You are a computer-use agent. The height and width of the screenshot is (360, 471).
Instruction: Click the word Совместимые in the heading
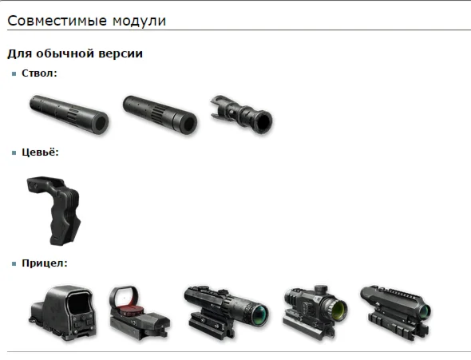click(x=57, y=21)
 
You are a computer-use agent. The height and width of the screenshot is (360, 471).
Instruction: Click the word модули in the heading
click(x=140, y=22)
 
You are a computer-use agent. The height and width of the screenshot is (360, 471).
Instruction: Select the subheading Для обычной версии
click(x=75, y=53)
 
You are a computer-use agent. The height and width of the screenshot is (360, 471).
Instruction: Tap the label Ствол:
click(x=39, y=73)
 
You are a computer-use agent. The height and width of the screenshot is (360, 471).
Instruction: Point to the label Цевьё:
click(x=40, y=152)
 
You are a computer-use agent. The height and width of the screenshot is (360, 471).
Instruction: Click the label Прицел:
click(x=45, y=263)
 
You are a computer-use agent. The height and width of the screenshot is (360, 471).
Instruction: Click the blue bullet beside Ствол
click(x=14, y=74)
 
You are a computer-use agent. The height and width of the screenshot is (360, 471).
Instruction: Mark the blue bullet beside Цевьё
click(x=14, y=153)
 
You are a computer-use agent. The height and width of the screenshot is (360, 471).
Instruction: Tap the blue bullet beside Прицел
click(x=14, y=264)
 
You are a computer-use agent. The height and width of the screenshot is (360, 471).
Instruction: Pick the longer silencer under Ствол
click(x=69, y=114)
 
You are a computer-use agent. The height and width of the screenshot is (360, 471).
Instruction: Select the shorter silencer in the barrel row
click(x=160, y=115)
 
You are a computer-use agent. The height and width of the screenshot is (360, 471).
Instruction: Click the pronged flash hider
click(x=242, y=114)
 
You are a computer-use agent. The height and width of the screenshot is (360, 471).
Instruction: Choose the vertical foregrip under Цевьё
click(x=54, y=210)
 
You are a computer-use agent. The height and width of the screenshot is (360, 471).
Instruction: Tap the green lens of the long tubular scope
click(x=260, y=314)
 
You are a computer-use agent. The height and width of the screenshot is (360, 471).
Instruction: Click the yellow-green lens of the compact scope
click(x=338, y=311)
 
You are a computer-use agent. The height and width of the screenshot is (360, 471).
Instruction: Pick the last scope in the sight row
click(x=395, y=312)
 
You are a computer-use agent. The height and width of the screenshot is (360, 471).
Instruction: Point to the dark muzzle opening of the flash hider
click(x=263, y=121)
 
